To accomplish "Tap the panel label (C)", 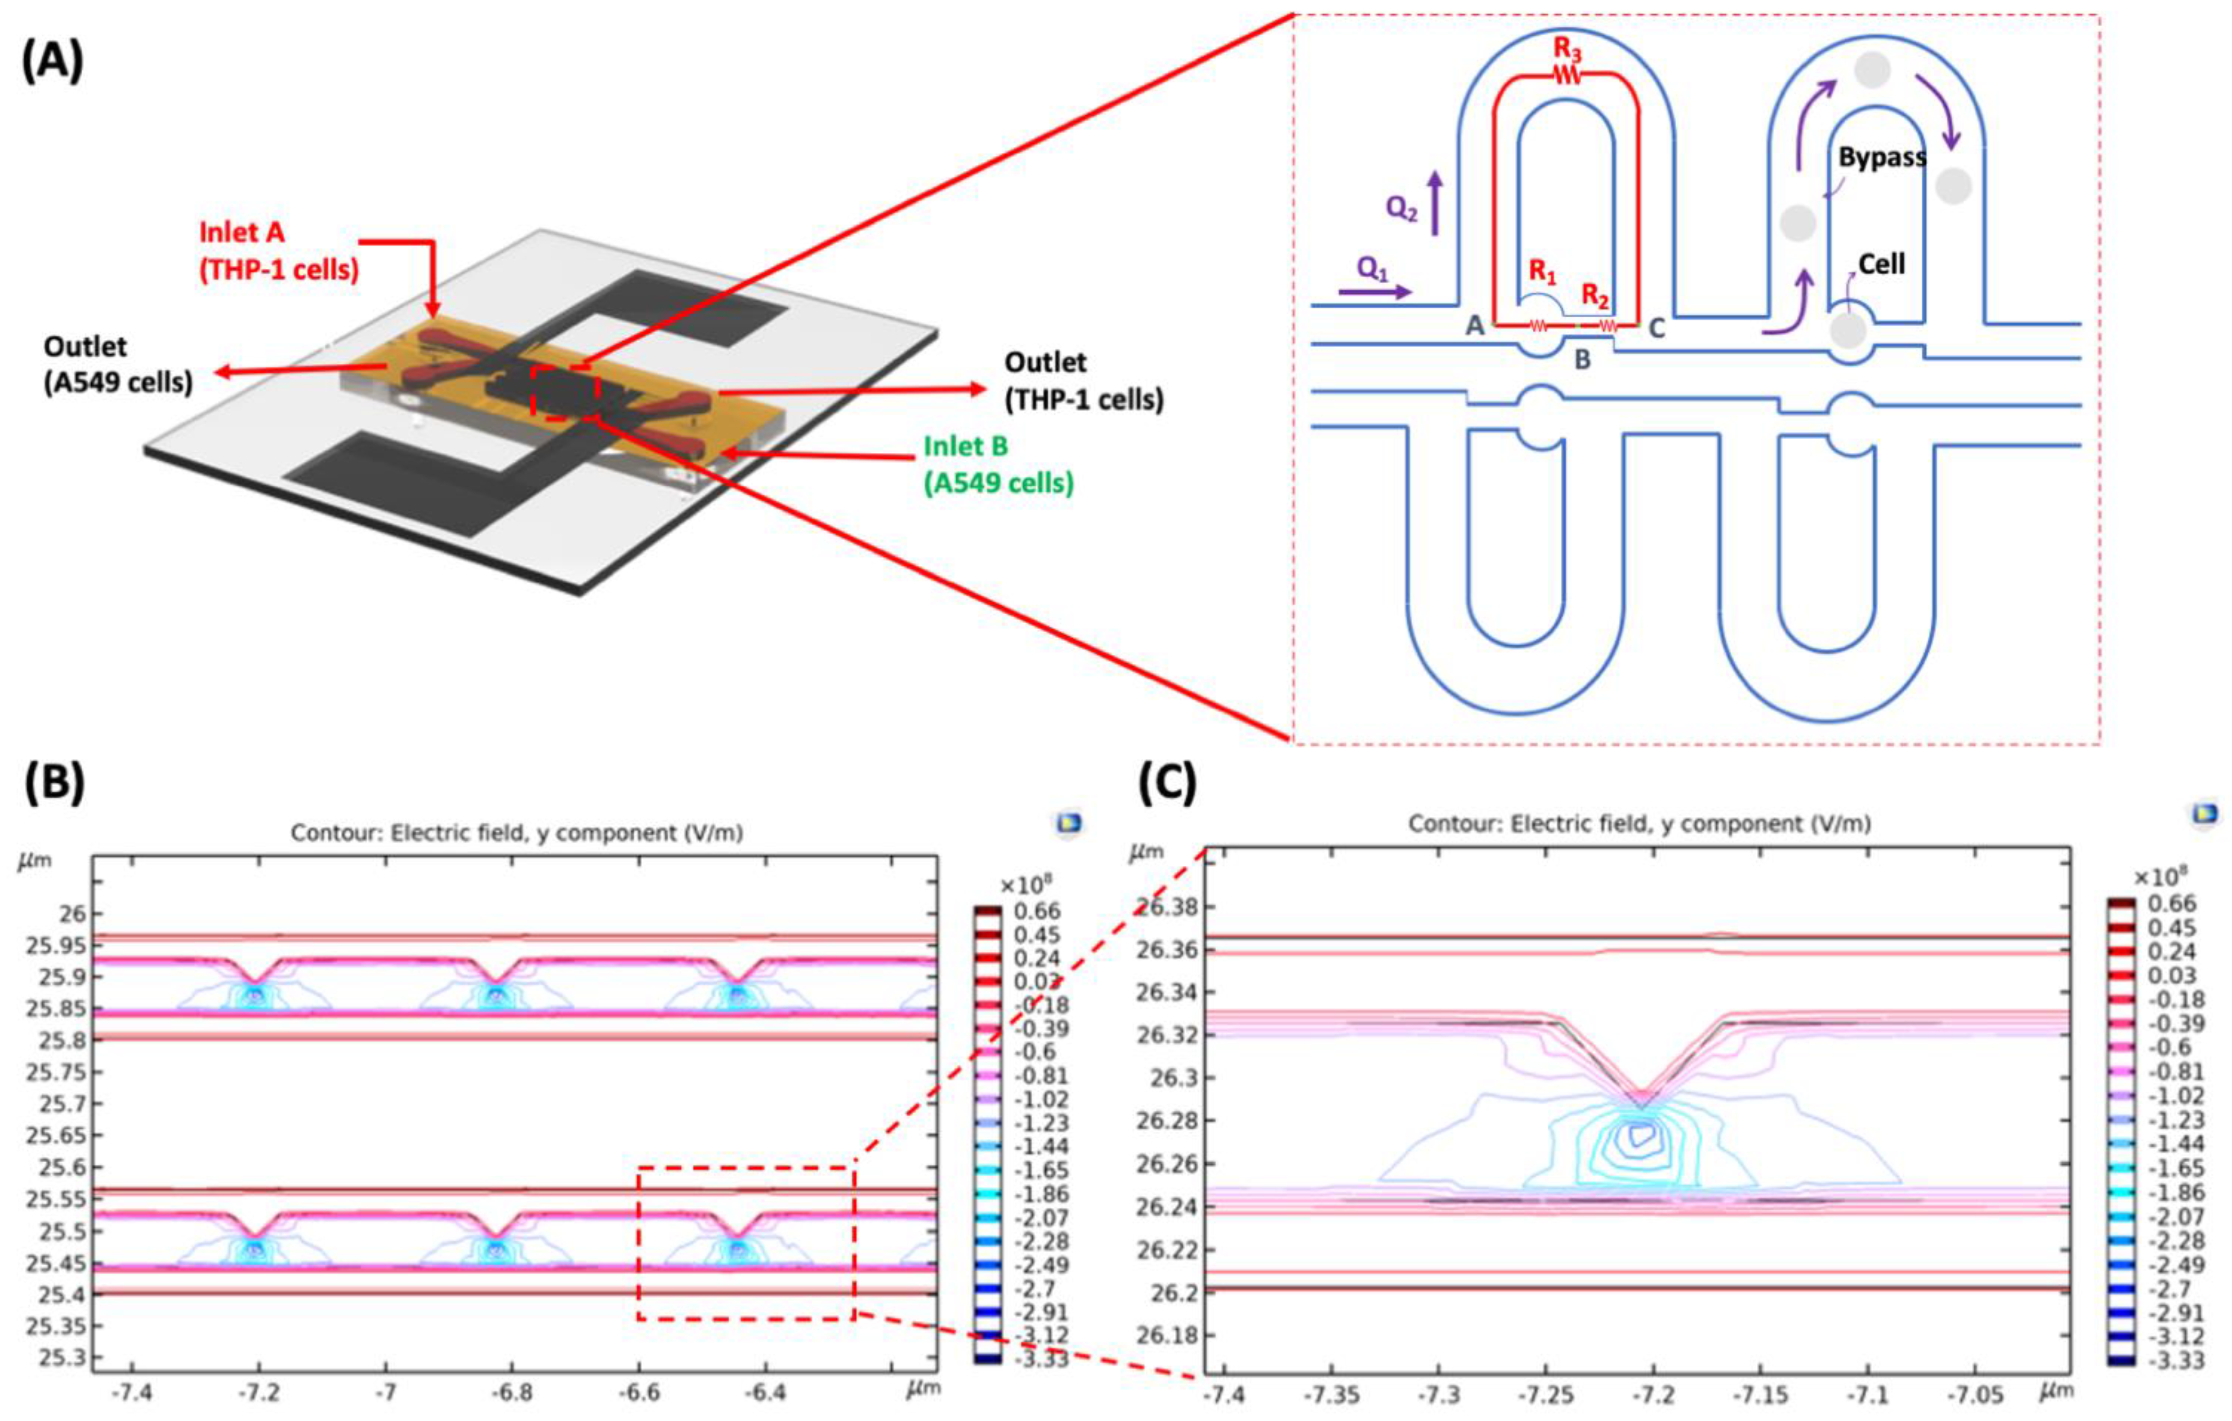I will (x=1167, y=784).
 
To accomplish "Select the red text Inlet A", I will (x=242, y=232).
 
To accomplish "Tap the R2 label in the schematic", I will (x=1594, y=295).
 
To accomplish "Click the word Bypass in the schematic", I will (x=1882, y=157).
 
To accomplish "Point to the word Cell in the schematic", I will (x=1882, y=264).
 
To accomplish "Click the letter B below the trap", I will (x=1582, y=359).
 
